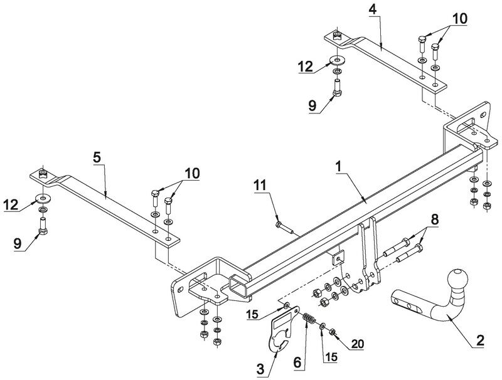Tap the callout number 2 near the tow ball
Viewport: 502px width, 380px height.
pos(480,340)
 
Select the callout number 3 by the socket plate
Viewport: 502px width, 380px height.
pos(260,369)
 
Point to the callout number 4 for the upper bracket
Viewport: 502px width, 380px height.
pos(373,9)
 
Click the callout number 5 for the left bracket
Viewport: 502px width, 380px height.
pos(97,157)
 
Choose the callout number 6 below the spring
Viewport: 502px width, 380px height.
pos(297,362)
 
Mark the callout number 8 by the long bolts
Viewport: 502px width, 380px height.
pos(434,219)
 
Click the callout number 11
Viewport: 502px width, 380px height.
pos(260,185)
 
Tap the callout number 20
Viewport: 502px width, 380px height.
pos(358,344)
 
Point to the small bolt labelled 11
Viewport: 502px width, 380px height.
pos(284,228)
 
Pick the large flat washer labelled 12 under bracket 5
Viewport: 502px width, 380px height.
pos(42,199)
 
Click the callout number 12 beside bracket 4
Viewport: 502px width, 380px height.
pos(305,67)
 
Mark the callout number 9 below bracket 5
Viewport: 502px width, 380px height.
pos(18,244)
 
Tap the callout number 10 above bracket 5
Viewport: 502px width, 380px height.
pos(192,173)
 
